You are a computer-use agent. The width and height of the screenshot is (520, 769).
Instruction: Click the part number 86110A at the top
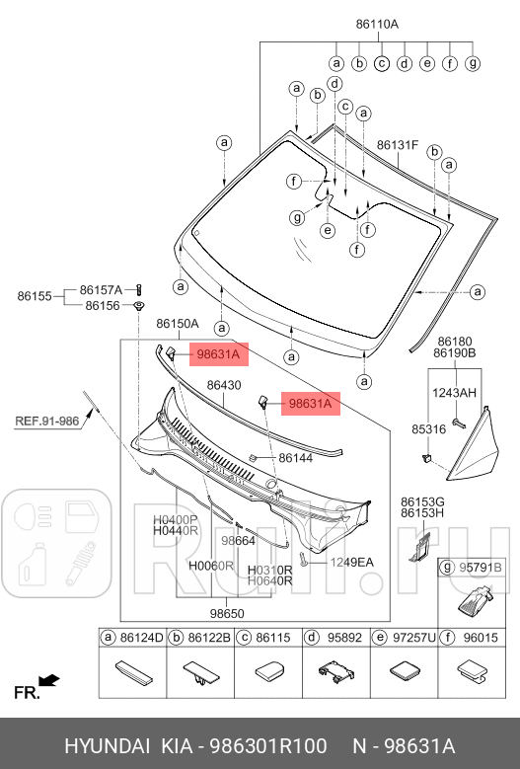[x=377, y=24]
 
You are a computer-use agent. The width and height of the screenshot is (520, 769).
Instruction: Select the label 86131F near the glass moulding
[x=398, y=145]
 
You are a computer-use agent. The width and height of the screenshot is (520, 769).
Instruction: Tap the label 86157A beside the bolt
[x=101, y=290]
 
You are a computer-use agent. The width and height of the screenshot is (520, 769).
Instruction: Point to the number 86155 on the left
[x=35, y=296]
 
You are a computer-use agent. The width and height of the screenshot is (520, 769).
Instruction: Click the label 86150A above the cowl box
[x=178, y=324]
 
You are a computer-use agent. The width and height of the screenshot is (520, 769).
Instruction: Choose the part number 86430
[x=224, y=385]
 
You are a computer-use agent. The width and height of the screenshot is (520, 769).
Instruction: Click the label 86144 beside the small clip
[x=296, y=458]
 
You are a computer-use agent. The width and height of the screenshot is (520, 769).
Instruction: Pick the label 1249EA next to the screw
[x=351, y=562]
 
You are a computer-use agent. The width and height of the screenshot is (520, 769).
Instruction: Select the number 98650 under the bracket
[x=227, y=614]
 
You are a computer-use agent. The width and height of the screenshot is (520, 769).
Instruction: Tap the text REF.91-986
[x=47, y=421]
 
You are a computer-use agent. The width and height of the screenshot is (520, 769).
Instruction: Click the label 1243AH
[x=454, y=393]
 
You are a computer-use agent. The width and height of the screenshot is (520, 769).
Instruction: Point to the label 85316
[x=429, y=429]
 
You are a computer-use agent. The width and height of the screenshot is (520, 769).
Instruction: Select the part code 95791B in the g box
[x=481, y=568]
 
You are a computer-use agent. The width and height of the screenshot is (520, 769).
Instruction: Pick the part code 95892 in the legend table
[x=344, y=638]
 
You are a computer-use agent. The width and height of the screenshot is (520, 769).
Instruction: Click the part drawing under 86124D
[x=133, y=673]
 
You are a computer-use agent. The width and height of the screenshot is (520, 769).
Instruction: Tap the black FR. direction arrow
[x=49, y=681]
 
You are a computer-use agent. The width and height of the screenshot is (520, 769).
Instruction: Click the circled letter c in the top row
[x=382, y=63]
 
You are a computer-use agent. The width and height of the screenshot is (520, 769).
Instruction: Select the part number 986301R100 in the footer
[x=268, y=746]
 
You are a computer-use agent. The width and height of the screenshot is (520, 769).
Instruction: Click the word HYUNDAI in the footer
[x=108, y=746]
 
